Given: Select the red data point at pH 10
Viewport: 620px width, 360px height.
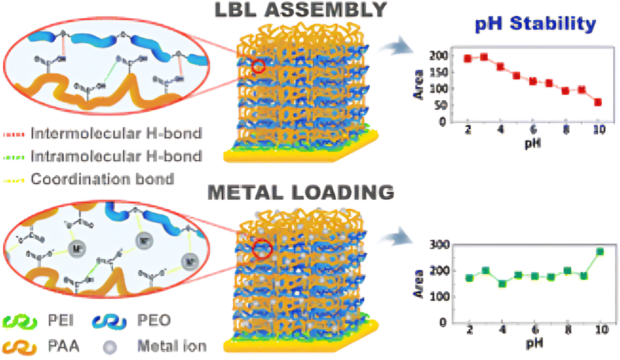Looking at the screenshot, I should (598, 102).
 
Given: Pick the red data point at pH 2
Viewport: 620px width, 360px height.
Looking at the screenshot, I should (468, 59).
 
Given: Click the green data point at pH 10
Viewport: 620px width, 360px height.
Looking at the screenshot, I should (600, 252).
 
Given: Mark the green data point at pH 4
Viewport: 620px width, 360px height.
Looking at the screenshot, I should (502, 284).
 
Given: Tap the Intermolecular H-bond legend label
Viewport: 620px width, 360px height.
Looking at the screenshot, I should (117, 134).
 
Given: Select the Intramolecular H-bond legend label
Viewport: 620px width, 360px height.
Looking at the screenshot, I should (117, 156).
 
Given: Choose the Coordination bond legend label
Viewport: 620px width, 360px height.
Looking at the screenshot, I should (102, 179).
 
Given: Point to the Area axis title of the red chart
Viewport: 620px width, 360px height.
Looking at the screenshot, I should (418, 88).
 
